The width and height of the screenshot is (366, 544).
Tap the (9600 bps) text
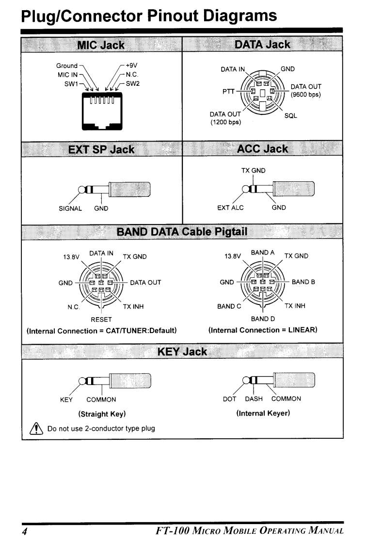(x=305, y=94)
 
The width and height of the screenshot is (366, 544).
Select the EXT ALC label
(x=230, y=208)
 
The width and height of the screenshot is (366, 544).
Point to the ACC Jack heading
(x=262, y=149)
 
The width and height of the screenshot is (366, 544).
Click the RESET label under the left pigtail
(x=102, y=320)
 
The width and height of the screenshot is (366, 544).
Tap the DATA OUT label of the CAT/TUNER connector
(x=145, y=282)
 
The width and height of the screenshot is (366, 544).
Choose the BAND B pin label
(x=303, y=282)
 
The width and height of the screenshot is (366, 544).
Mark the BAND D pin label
(x=263, y=320)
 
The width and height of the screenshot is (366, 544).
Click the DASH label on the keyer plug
(x=254, y=399)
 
